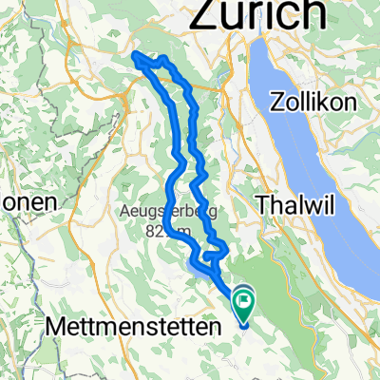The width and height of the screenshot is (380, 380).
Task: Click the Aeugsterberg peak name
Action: (x=158, y=210)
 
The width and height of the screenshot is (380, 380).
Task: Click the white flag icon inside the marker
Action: (x=244, y=305)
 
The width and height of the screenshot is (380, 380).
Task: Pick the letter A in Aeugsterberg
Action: (x=125, y=210)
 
